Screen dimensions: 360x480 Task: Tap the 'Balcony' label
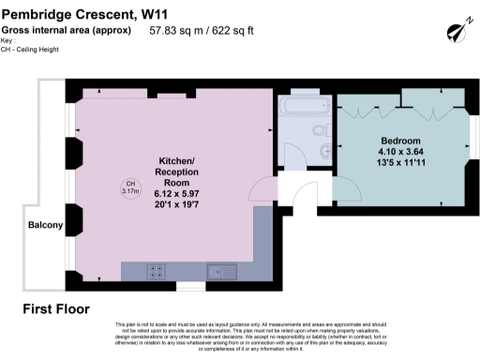tap(45, 226)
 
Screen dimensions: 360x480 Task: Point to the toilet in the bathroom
tap(321, 130)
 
